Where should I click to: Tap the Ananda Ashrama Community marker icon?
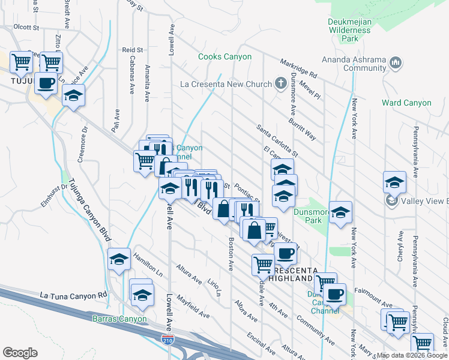click(x=395, y=62)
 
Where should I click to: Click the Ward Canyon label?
click(x=406, y=103)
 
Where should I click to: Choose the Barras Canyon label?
click(x=119, y=319)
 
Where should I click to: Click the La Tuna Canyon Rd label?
click(x=73, y=295)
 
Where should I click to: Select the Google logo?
click(x=20, y=352)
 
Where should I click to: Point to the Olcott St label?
click(x=26, y=27)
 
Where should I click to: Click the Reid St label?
click(x=132, y=50)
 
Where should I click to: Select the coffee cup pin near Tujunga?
click(x=46, y=83)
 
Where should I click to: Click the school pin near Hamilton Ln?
click(x=119, y=260)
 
